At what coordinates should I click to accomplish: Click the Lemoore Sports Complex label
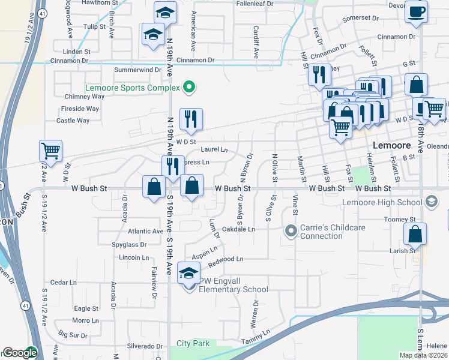point(132,87)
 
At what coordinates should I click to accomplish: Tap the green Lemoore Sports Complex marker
point(189,88)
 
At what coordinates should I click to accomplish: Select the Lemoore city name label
point(391,146)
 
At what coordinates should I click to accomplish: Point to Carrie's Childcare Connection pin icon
point(291,231)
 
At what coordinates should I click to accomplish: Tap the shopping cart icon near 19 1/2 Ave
point(51,150)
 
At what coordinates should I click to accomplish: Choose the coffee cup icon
point(416,11)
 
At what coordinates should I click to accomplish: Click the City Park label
point(193,344)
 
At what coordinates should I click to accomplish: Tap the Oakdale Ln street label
point(239,229)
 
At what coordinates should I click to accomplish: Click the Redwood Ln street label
point(225,260)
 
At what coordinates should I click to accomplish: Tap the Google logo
point(19,353)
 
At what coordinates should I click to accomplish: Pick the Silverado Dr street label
point(145,346)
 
